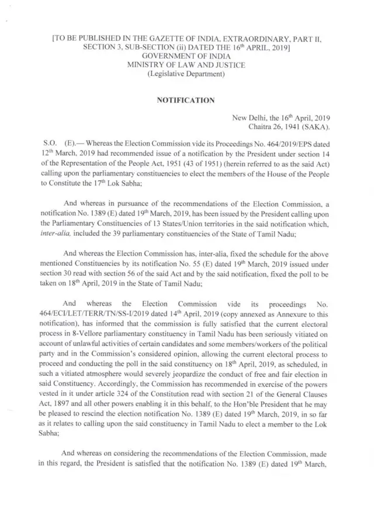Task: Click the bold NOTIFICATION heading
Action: [x=187, y=100]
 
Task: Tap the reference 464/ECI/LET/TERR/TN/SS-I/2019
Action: [x=93, y=313]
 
